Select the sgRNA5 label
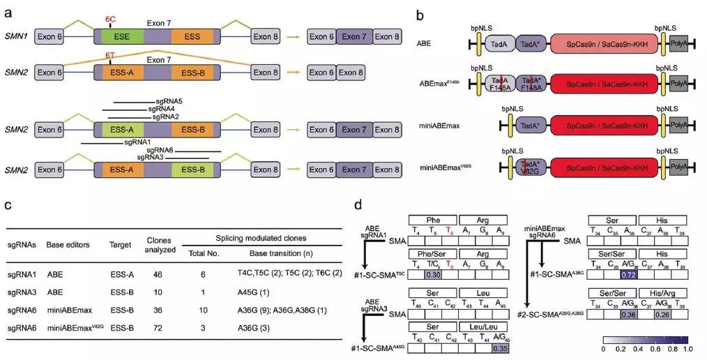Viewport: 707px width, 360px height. click(168, 101)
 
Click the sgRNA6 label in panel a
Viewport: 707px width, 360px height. click(160, 149)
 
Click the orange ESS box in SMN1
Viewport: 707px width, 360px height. click(188, 35)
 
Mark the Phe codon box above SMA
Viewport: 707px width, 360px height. click(432, 219)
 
